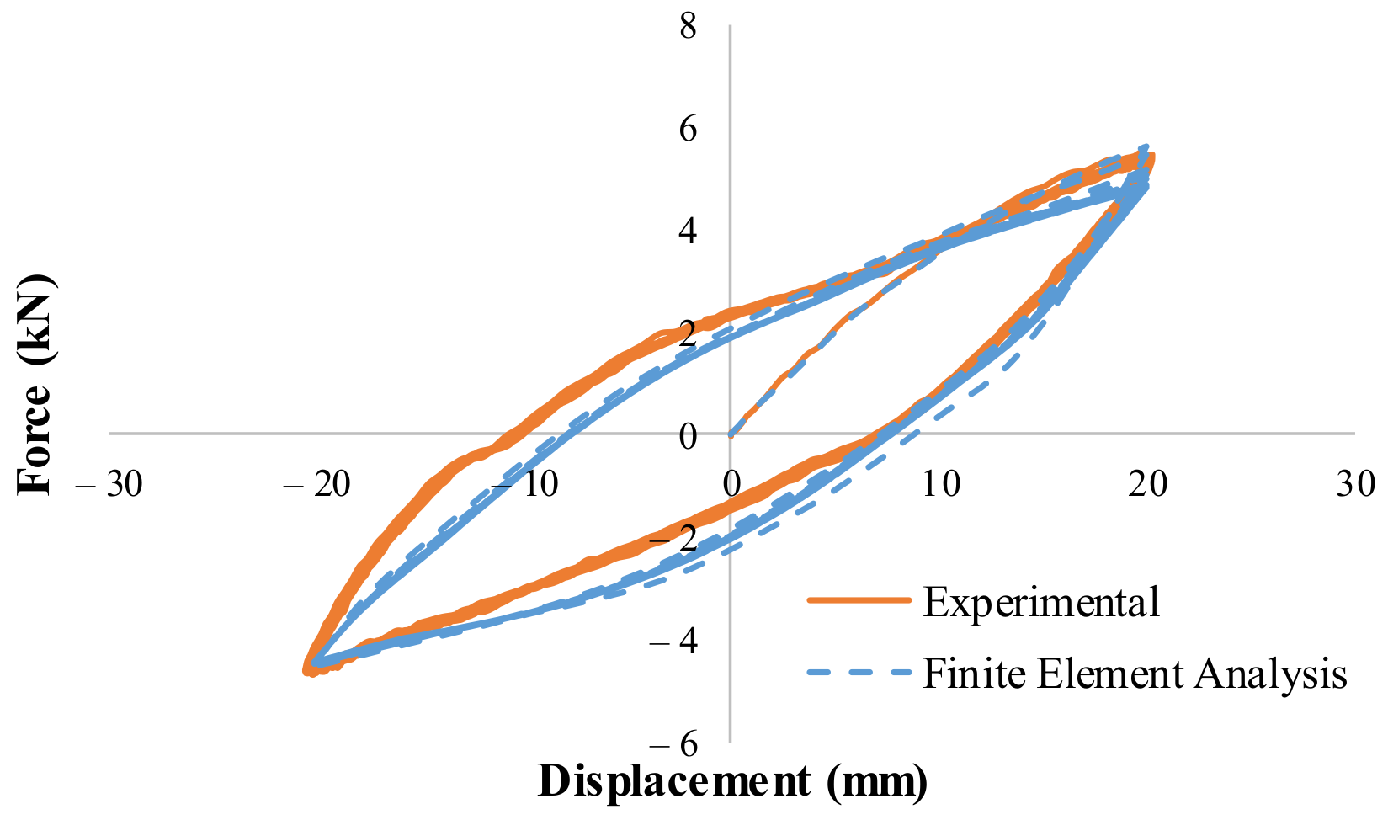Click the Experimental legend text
(x=1041, y=601)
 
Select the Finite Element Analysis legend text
(x=1135, y=674)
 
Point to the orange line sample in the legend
(x=859, y=600)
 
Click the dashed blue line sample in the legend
(x=859, y=673)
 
